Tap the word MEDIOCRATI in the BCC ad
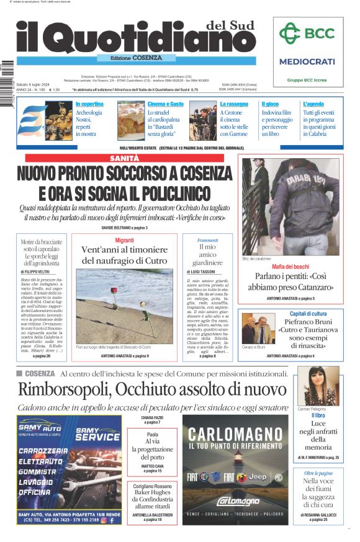click(307, 61)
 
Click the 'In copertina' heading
click(89, 104)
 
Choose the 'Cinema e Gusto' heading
click(166, 104)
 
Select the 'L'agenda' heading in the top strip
click(313, 104)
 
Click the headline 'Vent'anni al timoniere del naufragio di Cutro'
click(124, 255)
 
